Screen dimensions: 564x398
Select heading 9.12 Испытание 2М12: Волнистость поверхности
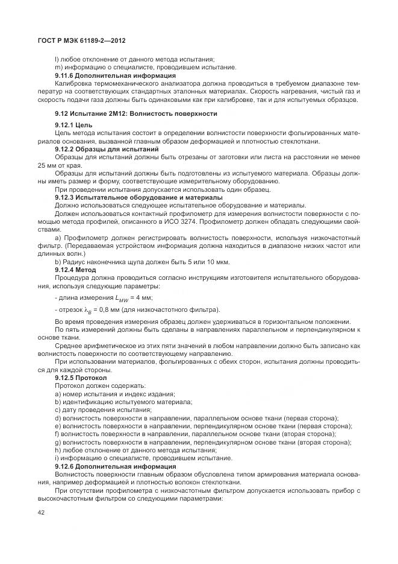(x=135, y=113)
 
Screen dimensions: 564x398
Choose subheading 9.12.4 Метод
(x=75, y=270)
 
